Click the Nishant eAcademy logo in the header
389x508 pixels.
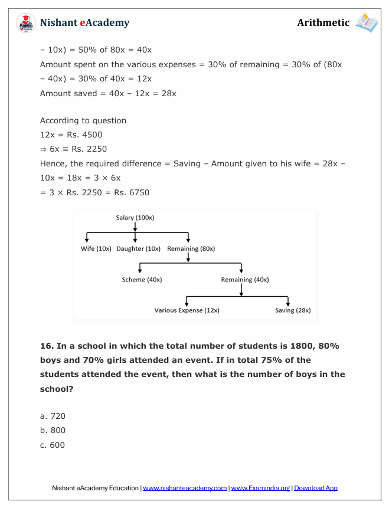(25, 24)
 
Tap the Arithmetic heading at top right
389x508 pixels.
(323, 23)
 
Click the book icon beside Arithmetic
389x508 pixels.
(366, 23)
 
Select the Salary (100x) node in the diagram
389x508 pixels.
(135, 218)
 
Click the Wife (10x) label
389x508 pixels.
(96, 249)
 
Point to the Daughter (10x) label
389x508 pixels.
(138, 249)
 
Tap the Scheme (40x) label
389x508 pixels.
(142, 280)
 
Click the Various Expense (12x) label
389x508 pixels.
(187, 310)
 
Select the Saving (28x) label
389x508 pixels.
(293, 310)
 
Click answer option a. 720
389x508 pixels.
(53, 417)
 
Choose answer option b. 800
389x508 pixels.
(53, 431)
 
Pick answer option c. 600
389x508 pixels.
(53, 445)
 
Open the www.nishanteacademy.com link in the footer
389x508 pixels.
(185, 489)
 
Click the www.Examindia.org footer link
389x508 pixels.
(260, 489)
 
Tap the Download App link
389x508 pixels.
(316, 489)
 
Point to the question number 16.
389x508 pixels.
(46, 346)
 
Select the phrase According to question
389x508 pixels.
(83, 120)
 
